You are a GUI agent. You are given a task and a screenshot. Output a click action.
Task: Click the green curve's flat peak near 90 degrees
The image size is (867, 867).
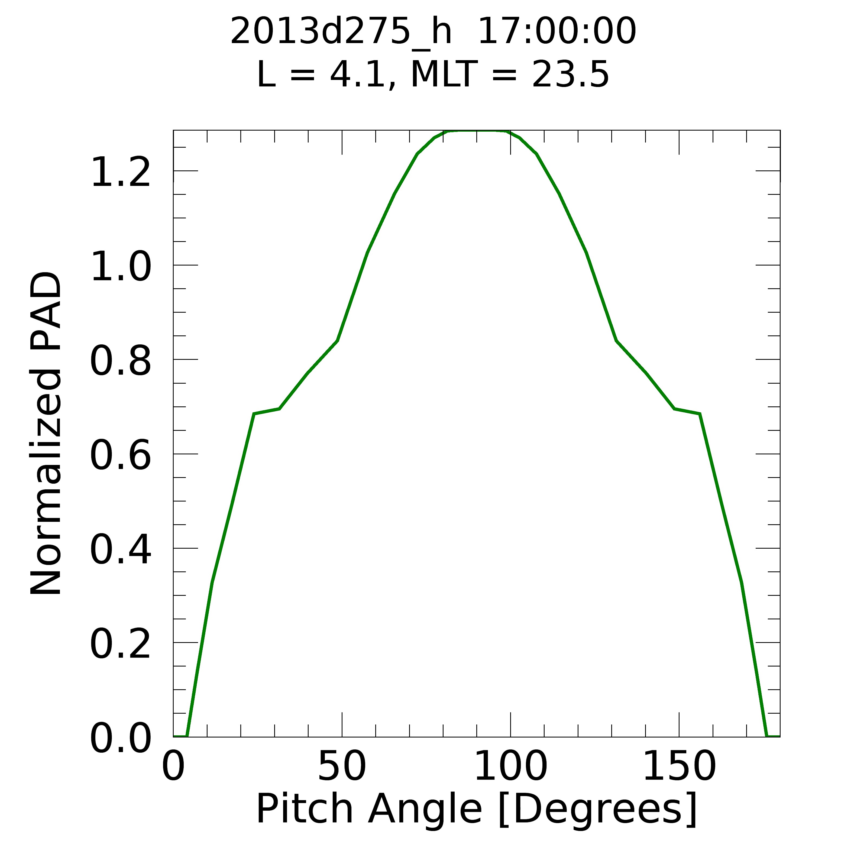(x=477, y=131)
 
